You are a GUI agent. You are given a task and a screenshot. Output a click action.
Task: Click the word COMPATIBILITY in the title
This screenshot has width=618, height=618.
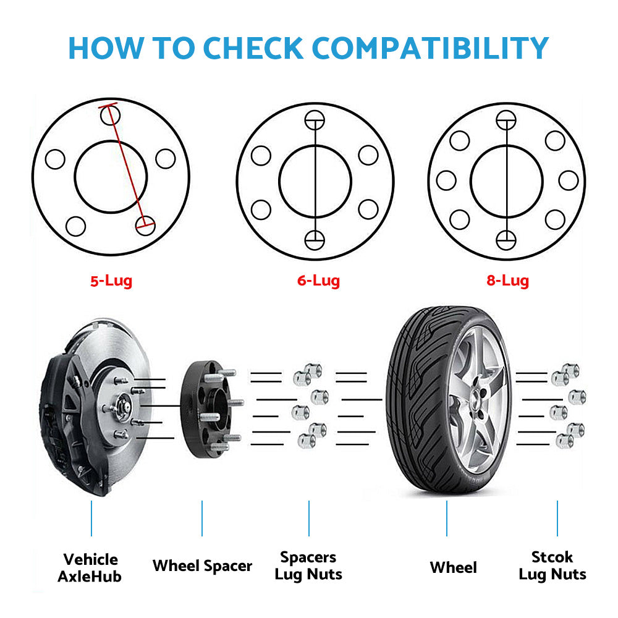[430, 48]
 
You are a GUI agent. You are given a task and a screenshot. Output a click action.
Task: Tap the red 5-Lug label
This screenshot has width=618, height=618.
[111, 281]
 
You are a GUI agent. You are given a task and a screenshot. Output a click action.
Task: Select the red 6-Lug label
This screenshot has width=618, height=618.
[318, 281]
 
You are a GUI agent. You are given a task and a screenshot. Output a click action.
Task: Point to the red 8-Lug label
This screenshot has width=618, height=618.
[507, 281]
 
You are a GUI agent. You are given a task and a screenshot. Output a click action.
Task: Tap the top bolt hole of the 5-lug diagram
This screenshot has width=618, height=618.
[111, 116]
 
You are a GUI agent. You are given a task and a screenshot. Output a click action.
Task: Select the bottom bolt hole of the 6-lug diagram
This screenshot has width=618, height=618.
[315, 240]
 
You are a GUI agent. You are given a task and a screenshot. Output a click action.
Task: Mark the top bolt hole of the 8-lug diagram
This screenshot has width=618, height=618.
[506, 121]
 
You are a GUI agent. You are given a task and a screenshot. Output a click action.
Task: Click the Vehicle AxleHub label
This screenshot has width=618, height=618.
[90, 568]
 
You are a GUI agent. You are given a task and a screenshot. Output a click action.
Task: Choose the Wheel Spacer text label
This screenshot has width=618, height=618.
[202, 566]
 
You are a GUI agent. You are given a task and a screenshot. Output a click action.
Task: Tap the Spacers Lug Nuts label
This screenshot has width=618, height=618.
[308, 566]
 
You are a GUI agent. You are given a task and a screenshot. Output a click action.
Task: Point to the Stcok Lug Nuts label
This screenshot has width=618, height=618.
[552, 566]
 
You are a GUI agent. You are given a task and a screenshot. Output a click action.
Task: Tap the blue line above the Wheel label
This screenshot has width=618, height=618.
[447, 519]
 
